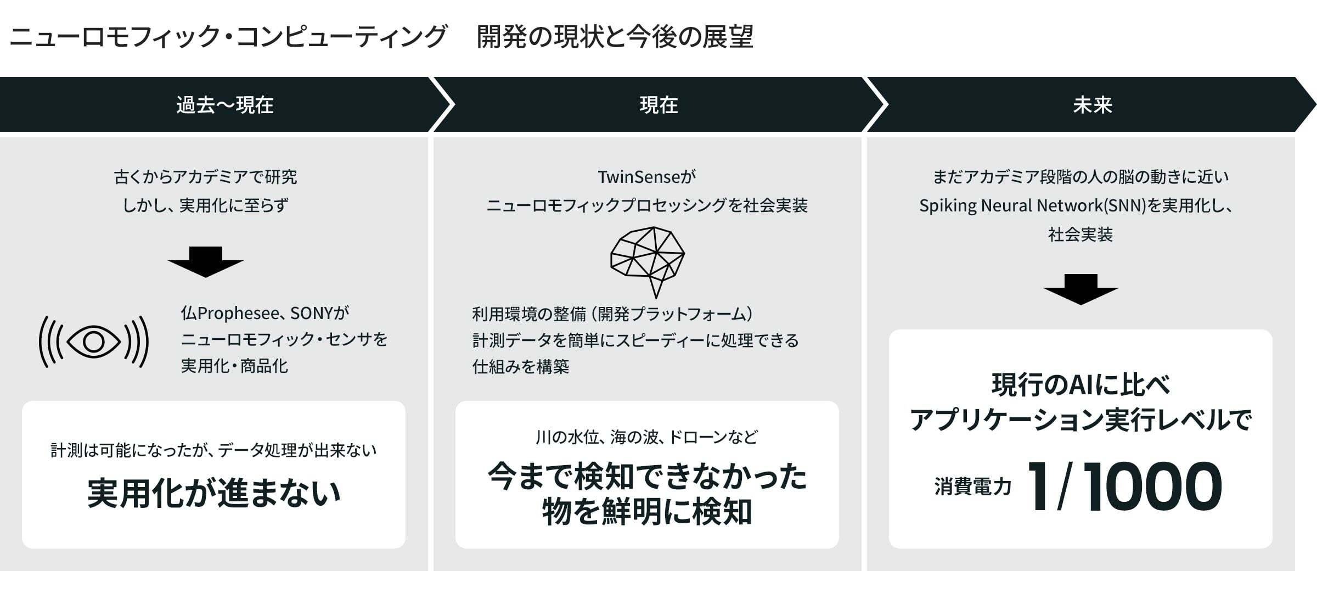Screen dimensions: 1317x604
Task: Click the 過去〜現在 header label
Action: pos(224,105)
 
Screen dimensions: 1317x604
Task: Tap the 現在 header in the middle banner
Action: pos(658,105)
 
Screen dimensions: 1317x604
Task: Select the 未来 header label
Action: pos(1092,105)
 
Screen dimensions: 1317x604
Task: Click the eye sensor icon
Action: pos(94,342)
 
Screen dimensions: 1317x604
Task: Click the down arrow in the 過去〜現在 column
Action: pos(205,262)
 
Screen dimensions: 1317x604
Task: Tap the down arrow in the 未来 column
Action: pos(1080,289)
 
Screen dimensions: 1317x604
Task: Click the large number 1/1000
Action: pos(1125,486)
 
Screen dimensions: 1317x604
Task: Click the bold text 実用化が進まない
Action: pos(214,493)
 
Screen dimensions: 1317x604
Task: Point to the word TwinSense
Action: pos(639,177)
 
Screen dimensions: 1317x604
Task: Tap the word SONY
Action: pos(311,313)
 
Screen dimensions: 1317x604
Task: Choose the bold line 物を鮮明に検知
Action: pos(647,512)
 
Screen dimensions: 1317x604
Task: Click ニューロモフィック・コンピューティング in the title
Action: pos(228,37)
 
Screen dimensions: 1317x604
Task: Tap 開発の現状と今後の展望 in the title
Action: pos(615,37)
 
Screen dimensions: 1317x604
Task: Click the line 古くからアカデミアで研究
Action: pos(205,177)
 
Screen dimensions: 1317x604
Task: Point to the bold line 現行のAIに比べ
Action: pos(1080,385)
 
